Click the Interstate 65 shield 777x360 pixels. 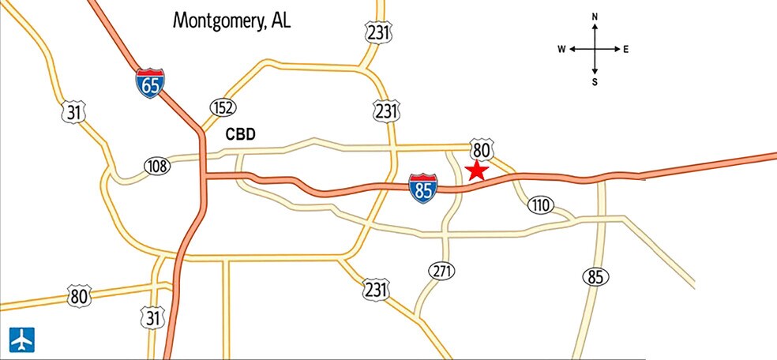click(x=150, y=83)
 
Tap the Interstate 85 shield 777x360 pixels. click(x=422, y=189)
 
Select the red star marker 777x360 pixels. click(x=477, y=171)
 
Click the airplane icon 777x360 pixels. click(x=22, y=339)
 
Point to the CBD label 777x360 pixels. click(x=241, y=134)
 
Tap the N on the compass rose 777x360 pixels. click(x=595, y=17)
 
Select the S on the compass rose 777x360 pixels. click(x=595, y=81)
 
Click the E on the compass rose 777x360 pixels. click(x=625, y=49)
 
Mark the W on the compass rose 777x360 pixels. click(x=561, y=49)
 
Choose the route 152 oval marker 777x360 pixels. click(x=223, y=107)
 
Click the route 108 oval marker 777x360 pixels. click(x=157, y=166)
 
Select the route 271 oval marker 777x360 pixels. click(x=442, y=272)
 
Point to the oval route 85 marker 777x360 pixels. click(x=595, y=276)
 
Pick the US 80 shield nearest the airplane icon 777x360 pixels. click(x=78, y=297)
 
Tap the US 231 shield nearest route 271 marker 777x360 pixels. click(x=376, y=290)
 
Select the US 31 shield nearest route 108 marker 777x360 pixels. click(x=73, y=113)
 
